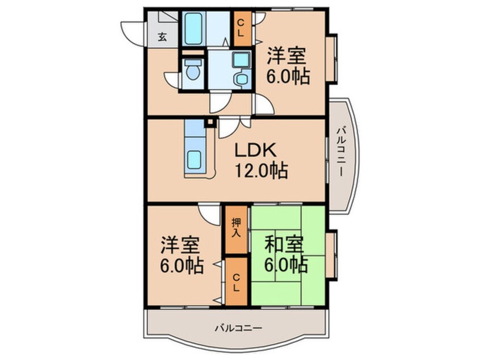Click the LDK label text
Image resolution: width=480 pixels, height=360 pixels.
(256, 150)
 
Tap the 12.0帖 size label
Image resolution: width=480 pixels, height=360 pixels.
(261, 170)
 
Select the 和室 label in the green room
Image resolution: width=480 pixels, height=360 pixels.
(284, 245)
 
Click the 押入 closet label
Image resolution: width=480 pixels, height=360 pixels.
(236, 227)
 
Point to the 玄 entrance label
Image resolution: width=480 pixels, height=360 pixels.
(162, 37)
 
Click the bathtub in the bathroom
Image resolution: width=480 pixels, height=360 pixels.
(193, 28)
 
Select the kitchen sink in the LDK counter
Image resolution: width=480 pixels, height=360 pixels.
(195, 159)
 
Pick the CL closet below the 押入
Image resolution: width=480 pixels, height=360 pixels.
(236, 282)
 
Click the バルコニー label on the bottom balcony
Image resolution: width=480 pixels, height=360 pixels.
(238, 329)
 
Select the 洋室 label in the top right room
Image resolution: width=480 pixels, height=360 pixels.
(286, 56)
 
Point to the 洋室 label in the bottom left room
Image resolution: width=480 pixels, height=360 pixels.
(180, 245)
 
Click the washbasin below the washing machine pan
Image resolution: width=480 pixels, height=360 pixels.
(242, 79)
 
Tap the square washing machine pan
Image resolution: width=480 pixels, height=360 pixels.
(242, 60)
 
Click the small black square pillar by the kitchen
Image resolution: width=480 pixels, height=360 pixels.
(210, 122)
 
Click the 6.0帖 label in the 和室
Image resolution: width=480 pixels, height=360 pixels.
(286, 265)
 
